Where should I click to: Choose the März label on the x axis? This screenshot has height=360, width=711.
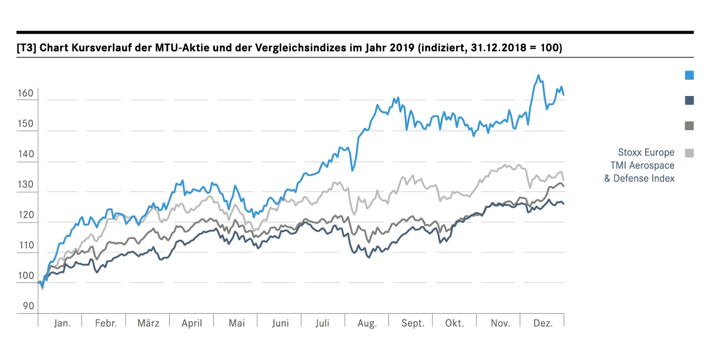[148, 324]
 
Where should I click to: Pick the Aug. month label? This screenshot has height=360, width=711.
[367, 324]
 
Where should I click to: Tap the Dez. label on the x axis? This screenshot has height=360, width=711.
[542, 324]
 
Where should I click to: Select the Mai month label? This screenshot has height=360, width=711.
[237, 324]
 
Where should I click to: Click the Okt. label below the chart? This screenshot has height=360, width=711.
[455, 324]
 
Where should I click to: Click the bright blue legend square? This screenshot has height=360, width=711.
[689, 75]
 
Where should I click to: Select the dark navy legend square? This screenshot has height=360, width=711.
[689, 100]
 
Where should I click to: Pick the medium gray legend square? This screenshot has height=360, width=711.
[689, 126]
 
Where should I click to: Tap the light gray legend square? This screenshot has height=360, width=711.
[689, 152]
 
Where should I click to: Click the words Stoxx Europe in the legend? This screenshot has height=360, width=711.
[646, 152]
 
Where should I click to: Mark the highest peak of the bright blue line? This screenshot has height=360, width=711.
[538, 75]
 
